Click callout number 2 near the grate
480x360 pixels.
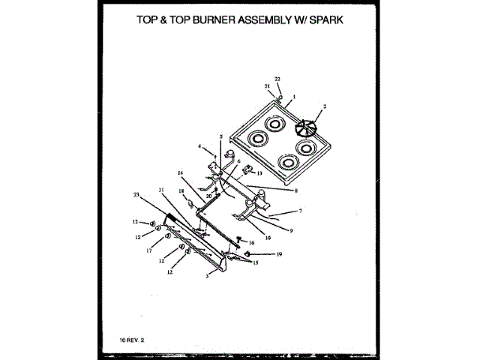pyautogui.click(x=324, y=108)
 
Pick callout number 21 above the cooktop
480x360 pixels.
pyautogui.click(x=266, y=88)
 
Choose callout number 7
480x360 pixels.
pyautogui.click(x=300, y=212)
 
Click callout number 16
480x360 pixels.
pyautogui.click(x=251, y=243)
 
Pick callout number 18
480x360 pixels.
pyautogui.click(x=180, y=191)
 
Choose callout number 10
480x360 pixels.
pyautogui.click(x=268, y=240)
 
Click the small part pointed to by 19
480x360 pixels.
pyautogui.click(x=247, y=254)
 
